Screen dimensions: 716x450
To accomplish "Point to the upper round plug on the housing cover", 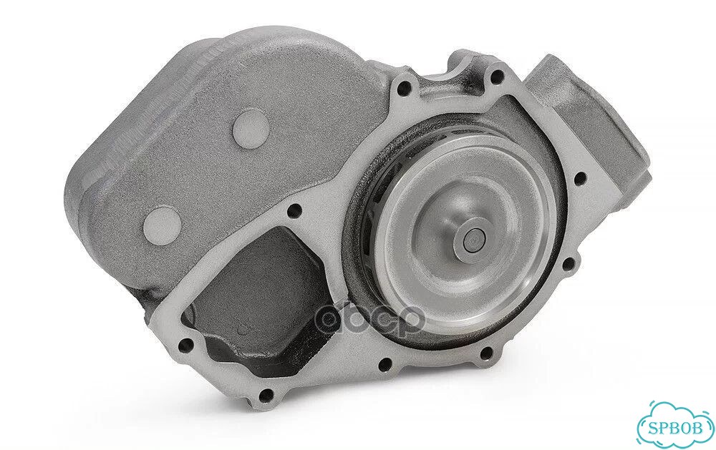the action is (250, 124).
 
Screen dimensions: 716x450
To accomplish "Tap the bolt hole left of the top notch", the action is (403, 86).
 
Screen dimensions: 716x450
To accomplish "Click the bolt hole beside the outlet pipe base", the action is (580, 177).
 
